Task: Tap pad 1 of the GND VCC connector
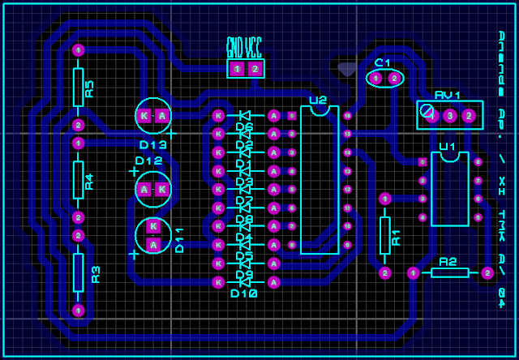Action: pos(237,69)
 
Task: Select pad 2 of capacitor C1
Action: pos(394,78)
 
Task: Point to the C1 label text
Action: pos(383,62)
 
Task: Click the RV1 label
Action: pos(447,95)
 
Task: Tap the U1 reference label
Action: pos(447,147)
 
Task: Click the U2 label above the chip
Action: pos(318,101)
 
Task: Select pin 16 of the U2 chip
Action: pos(347,116)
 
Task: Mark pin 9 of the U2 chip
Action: pos(347,245)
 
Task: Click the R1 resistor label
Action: pos(396,237)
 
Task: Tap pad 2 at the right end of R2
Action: pos(487,273)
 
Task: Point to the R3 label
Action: pos(96,274)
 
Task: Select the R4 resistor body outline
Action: pos(78,179)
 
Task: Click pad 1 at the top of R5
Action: pos(78,50)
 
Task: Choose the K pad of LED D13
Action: pos(144,116)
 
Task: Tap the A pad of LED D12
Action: pos(144,189)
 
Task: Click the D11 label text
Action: pos(179,240)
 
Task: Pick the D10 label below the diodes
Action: pos(244,293)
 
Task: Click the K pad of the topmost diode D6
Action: pos(217,115)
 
